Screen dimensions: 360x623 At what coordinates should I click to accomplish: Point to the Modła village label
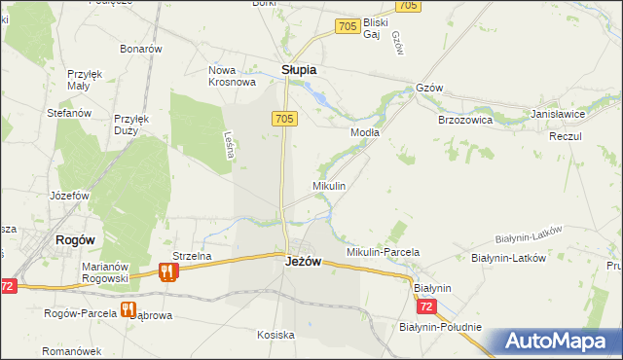click(x=365, y=132)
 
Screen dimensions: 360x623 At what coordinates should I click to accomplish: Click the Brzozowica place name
click(x=465, y=120)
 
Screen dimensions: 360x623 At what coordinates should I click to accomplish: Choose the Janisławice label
click(x=558, y=114)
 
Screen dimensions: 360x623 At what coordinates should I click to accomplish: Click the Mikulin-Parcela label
click(x=383, y=252)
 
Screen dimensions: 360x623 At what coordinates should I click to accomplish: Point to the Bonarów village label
click(x=140, y=49)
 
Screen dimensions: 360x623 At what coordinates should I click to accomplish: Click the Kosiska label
click(x=275, y=335)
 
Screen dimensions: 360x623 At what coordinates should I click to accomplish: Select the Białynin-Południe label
click(x=440, y=327)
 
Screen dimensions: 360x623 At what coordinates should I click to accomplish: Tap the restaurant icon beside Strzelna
click(x=167, y=272)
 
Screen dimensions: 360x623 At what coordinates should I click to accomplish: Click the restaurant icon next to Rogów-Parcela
click(x=128, y=310)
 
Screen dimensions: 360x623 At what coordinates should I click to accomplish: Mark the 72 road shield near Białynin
click(x=425, y=307)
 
